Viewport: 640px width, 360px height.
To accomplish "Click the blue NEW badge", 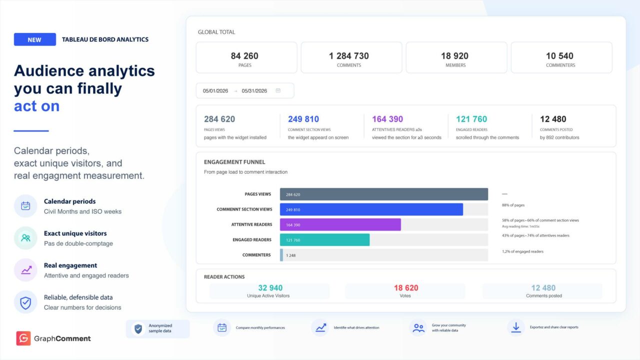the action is pos(35,39).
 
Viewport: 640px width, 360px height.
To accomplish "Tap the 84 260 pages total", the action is pos(244,55).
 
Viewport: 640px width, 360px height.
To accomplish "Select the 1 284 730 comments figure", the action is pos(349,55).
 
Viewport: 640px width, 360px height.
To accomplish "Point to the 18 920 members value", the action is pos(454,55).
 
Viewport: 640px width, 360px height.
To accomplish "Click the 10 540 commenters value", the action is pos(559,55).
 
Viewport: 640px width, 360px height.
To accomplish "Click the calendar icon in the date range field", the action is pos(278,90).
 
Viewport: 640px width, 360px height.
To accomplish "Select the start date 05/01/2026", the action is pos(215,91).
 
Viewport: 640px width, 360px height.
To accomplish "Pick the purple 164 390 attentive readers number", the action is pos(387,119).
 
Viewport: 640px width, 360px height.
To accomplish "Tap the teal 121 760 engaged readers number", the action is pos(471,119).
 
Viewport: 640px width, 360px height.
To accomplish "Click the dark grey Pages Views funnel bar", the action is pos(384,194).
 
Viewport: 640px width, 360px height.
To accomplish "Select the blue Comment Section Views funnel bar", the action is pos(371,209).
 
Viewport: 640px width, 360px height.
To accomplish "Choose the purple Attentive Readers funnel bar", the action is pos(340,224).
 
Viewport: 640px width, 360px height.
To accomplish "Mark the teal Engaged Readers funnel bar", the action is pos(324,239).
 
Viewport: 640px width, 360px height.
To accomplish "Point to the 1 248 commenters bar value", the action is pos(291,255).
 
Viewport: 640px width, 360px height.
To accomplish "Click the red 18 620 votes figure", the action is pos(406,287).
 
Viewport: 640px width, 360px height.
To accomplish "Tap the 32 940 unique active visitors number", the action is pos(270,287).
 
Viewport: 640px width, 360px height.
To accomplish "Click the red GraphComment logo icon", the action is pos(23,338).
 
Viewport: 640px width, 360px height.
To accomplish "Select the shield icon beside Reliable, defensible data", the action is pos(25,302).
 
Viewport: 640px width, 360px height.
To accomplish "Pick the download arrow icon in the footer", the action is pos(516,327).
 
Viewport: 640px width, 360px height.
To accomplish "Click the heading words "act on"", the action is pos(37,106).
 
